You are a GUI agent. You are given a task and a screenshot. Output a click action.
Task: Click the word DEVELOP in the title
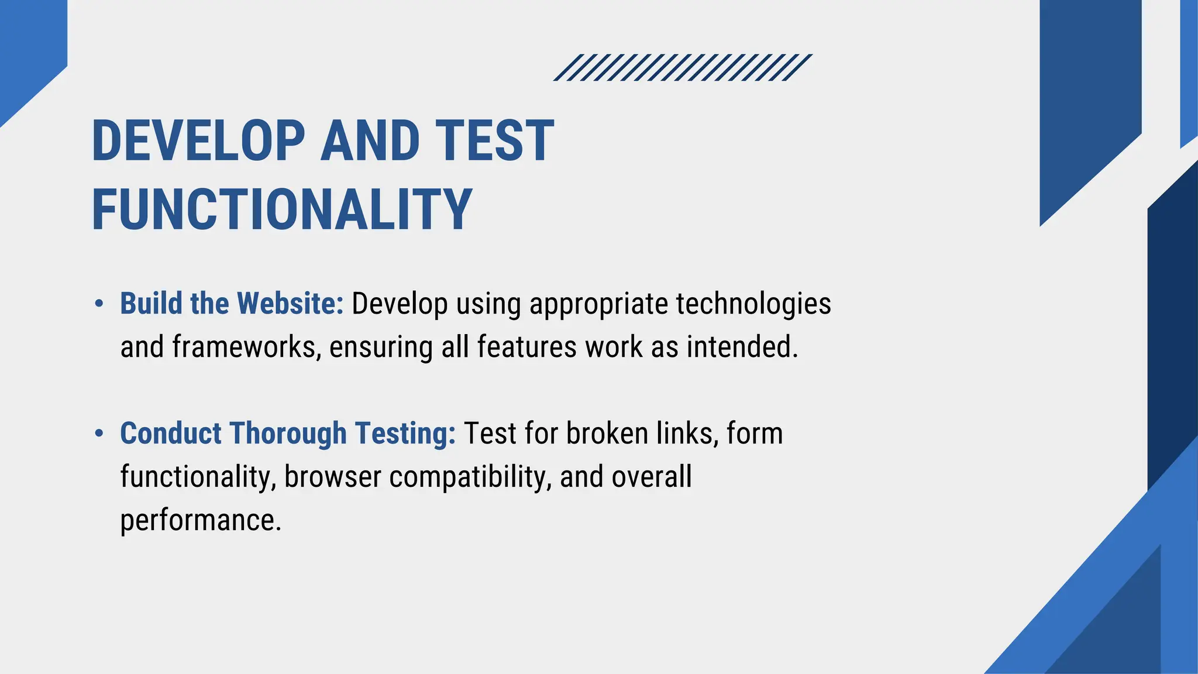point(198,140)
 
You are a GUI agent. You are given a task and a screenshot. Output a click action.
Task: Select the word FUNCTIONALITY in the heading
point(282,209)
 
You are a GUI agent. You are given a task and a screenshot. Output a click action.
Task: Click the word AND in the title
point(370,140)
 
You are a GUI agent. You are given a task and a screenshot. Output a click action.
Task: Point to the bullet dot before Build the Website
point(99,304)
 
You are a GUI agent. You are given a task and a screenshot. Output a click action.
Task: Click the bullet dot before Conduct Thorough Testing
point(99,434)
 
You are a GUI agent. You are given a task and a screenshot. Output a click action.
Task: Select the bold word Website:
point(290,304)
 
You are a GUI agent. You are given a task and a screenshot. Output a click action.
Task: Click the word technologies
point(753,304)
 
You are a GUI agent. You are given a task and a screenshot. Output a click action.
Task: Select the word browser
point(333,477)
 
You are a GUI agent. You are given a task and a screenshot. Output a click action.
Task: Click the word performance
point(201,520)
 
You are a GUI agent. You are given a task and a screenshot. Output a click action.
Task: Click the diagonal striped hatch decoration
point(683,67)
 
